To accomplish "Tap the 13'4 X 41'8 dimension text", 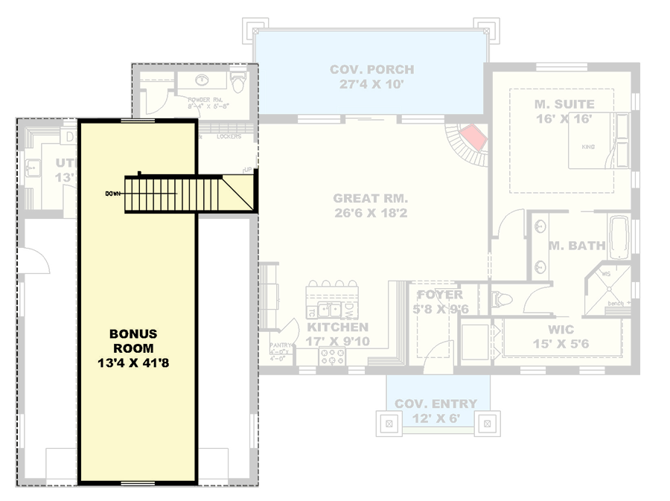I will pyautogui.click(x=135, y=365).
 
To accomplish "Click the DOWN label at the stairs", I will pyautogui.click(x=113, y=194).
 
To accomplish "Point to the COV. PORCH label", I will pyautogui.click(x=371, y=70).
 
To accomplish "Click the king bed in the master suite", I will pyautogui.click(x=592, y=145).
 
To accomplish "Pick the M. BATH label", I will pyautogui.click(x=576, y=246).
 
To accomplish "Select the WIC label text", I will pyautogui.click(x=562, y=328).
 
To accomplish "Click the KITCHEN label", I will pyautogui.click(x=337, y=328).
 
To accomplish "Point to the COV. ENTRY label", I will pyautogui.click(x=436, y=404).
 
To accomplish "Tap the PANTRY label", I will pyautogui.click(x=281, y=346).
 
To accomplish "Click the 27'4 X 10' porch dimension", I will pyautogui.click(x=371, y=84).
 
